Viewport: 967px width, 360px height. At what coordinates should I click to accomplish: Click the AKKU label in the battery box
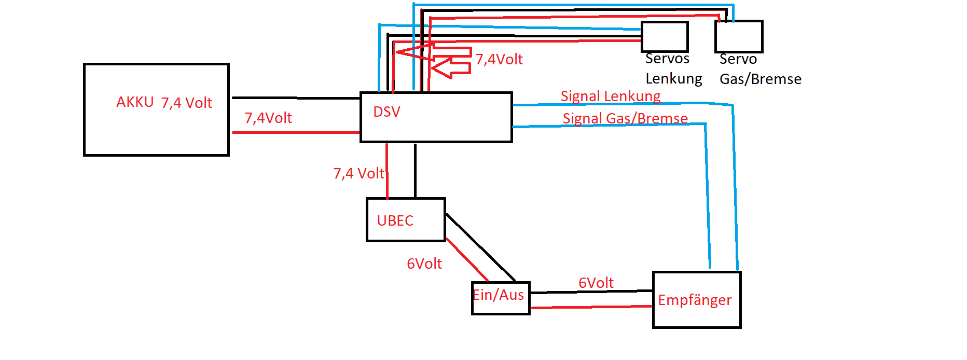(135, 102)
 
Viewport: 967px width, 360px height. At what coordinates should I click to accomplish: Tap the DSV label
(386, 112)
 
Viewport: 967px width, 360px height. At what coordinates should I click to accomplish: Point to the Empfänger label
(695, 300)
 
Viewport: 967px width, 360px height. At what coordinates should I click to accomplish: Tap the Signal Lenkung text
(611, 96)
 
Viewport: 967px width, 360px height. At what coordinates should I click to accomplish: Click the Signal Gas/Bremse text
(625, 118)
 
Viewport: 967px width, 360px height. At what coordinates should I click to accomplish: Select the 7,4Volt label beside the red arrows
(499, 59)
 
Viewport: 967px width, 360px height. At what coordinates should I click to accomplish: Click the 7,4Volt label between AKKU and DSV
(268, 118)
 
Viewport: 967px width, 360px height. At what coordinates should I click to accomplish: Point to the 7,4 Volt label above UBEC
(358, 173)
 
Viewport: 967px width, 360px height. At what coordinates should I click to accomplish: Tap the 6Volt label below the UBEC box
(424, 264)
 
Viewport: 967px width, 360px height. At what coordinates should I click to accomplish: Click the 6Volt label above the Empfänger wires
(596, 283)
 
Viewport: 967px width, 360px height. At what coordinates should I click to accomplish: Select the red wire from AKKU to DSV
(296, 132)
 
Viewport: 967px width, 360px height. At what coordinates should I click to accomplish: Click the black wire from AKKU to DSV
(296, 98)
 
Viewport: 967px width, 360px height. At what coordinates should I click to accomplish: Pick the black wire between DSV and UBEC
(415, 170)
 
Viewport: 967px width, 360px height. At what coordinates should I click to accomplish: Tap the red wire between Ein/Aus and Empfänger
(592, 307)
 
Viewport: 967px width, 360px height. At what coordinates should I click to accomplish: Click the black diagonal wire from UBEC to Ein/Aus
(480, 247)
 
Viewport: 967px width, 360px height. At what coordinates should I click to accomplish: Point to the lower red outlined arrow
(451, 67)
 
